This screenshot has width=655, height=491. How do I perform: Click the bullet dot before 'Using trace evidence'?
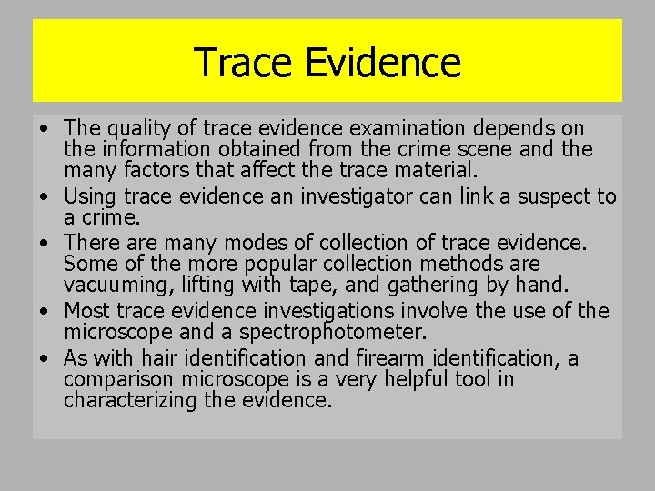click(x=45, y=197)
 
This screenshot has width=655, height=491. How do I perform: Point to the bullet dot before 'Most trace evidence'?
click(x=45, y=312)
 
